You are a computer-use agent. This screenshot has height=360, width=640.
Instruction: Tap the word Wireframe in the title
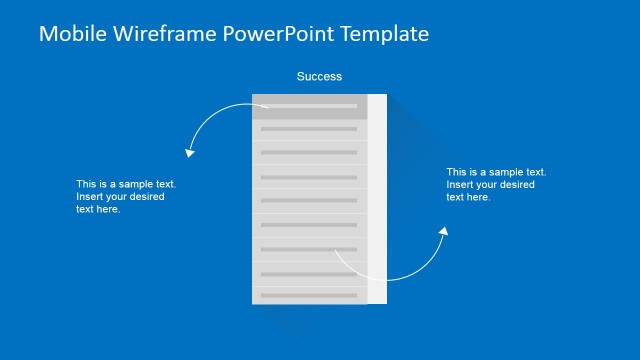click(161, 34)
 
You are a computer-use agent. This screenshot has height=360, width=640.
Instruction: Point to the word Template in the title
click(383, 34)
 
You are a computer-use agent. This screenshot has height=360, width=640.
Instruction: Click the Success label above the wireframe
click(319, 76)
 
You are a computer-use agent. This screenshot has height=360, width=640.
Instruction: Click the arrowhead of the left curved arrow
click(188, 153)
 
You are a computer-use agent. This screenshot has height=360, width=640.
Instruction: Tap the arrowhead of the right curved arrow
click(444, 232)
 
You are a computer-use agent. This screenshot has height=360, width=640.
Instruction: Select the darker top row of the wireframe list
click(309, 106)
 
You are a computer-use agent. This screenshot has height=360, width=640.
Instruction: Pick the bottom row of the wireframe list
click(309, 295)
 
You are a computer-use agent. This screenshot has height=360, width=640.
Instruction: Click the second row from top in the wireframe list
click(309, 129)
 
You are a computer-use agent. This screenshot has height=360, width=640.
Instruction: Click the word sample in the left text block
click(135, 184)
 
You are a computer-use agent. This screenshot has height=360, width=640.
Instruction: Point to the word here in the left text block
click(109, 209)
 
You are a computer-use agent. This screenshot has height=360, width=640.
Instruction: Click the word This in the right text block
click(457, 172)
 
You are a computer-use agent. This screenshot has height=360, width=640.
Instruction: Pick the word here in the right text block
click(479, 197)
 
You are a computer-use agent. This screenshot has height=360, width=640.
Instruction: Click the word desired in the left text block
click(146, 197)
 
